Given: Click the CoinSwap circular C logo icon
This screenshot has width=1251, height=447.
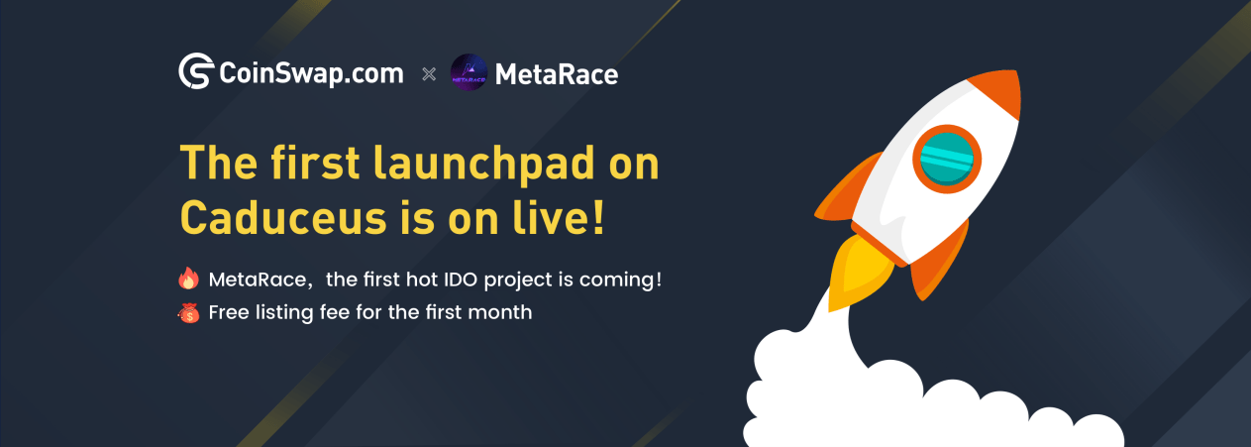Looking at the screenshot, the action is tap(196, 71).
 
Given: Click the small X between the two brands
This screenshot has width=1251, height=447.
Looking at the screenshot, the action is tap(429, 73).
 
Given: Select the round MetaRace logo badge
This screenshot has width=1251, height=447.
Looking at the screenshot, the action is tap(469, 72).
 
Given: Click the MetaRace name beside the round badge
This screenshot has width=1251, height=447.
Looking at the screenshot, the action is tap(557, 74).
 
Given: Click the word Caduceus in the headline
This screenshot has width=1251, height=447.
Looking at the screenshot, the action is tap(283, 217).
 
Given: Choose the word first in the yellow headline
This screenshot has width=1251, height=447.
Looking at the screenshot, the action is tap(316, 163).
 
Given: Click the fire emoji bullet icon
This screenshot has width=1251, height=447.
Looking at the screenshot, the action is tap(189, 278).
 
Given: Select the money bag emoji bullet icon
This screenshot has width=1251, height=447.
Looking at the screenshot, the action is tap(189, 313).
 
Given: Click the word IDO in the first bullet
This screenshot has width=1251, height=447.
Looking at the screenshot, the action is tap(461, 279).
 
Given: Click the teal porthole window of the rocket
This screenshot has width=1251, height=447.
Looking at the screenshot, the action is tap(947, 159).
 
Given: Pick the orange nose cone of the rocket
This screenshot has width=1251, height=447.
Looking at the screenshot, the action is tap(997, 91).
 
